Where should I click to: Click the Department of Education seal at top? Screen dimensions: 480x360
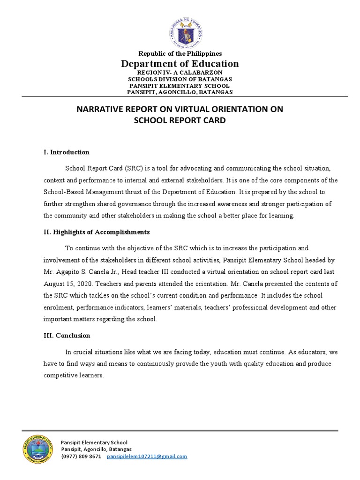180,30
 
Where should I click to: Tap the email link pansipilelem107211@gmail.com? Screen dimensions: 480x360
147,456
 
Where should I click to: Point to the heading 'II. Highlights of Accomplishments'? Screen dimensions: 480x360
97,232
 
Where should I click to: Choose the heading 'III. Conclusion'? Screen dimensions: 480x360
67,336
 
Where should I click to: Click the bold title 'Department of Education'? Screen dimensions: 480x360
180,64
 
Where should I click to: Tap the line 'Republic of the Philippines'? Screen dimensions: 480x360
180,54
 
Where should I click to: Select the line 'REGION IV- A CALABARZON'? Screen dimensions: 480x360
180,73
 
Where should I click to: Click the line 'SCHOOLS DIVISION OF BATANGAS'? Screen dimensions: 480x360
180,79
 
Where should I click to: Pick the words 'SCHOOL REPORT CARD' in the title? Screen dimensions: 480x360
180,120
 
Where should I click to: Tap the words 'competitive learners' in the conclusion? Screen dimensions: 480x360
73,375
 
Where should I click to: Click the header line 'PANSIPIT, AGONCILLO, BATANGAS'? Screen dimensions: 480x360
180,92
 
